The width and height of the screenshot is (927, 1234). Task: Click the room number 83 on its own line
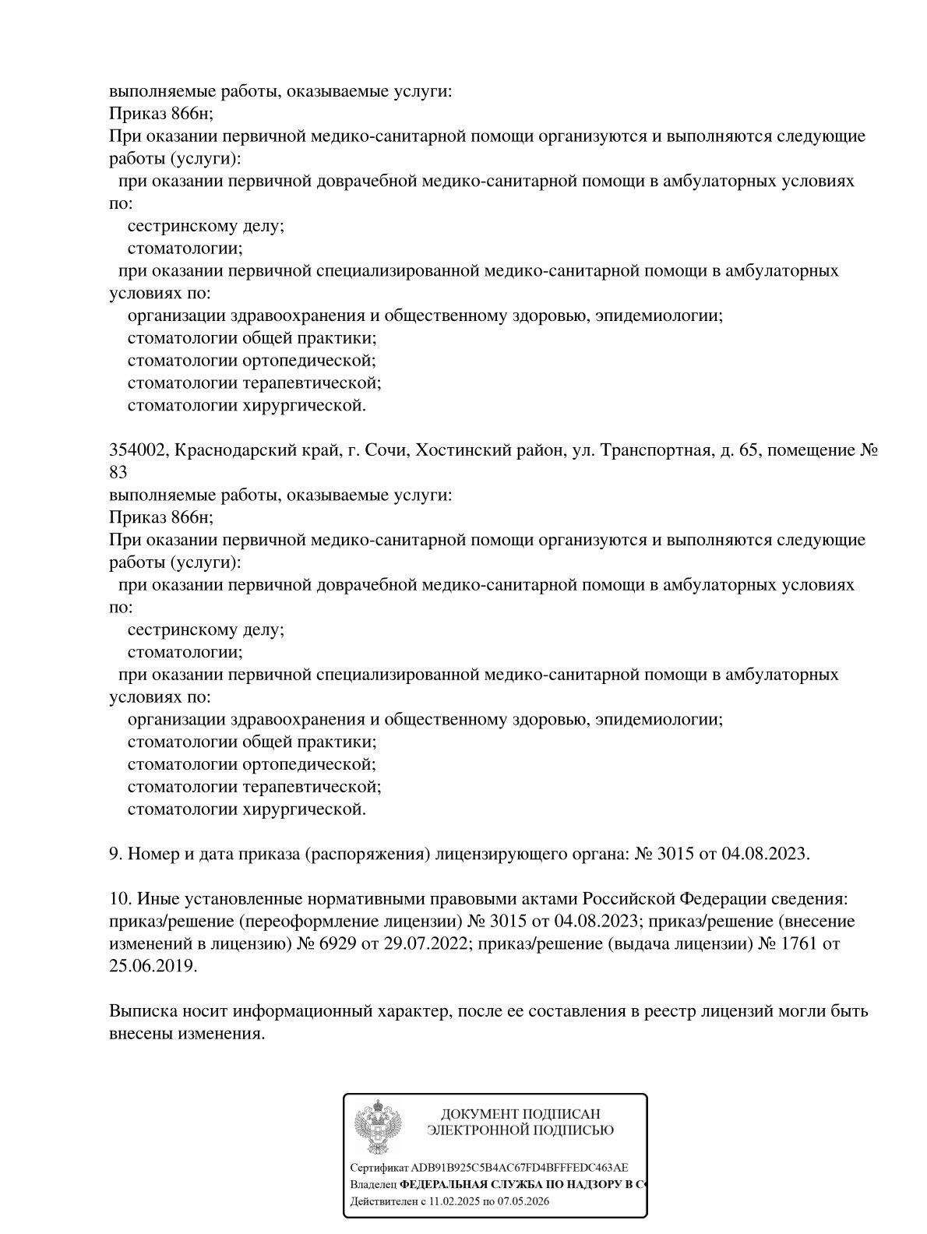tap(118, 472)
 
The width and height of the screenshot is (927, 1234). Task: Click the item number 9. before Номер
tap(115, 854)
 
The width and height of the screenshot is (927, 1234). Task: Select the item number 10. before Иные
tap(120, 899)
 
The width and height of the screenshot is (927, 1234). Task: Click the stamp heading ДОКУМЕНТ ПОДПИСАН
tap(520, 1114)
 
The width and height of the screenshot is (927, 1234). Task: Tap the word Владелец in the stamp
tap(374, 1184)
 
